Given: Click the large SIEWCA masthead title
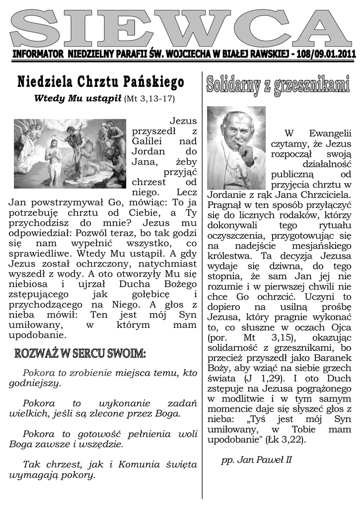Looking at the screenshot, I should pyautogui.click(x=180, y=27).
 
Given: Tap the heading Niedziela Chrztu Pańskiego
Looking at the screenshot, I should pyautogui.click(x=101, y=81).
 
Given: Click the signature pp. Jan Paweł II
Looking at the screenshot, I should pyautogui.click(x=256, y=460).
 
